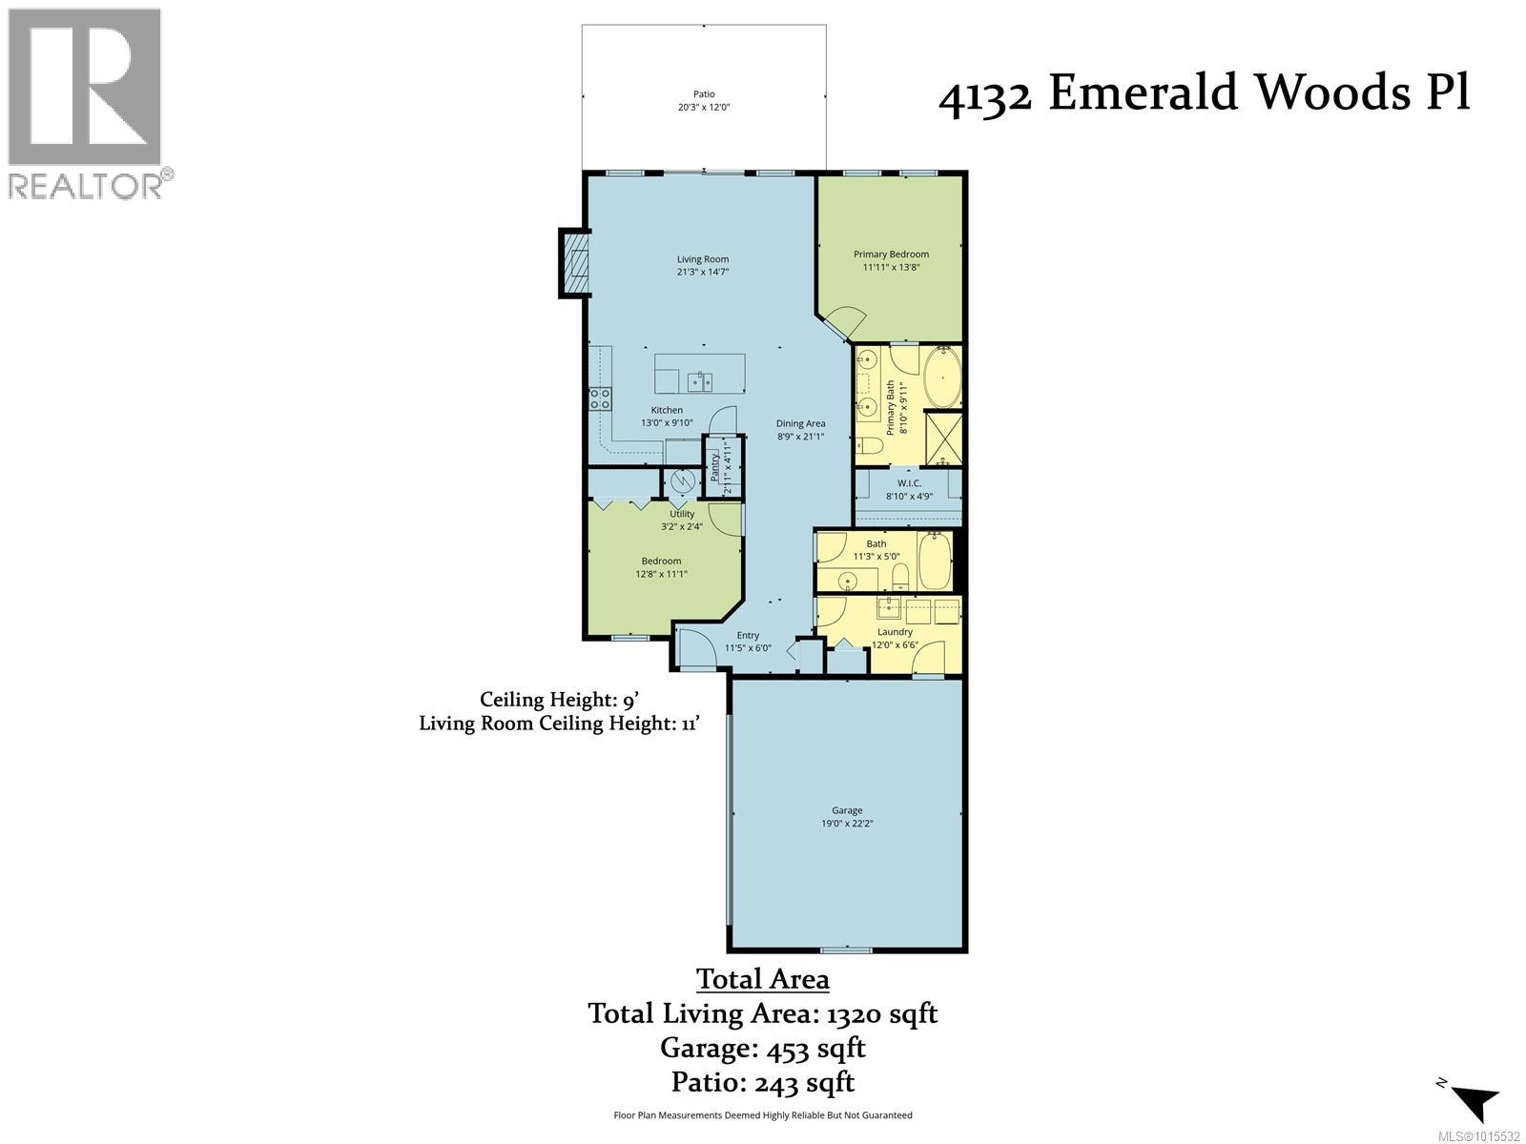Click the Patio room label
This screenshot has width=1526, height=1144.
tap(704, 94)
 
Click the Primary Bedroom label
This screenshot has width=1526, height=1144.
tap(891, 254)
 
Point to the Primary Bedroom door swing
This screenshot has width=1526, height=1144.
tap(843, 319)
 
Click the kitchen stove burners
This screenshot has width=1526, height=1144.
tap(599, 398)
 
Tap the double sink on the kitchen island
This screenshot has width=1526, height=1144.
tap(700, 381)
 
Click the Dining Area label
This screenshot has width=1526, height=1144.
tap(800, 423)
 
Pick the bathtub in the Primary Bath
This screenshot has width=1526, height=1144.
tap(943, 378)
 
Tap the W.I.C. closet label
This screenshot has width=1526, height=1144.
tap(908, 482)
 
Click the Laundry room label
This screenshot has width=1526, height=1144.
tap(895, 631)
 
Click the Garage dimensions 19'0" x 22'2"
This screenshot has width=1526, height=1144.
tap(847, 823)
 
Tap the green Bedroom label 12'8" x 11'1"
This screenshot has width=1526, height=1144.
tap(661, 561)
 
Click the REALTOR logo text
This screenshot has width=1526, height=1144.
tap(86, 184)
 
